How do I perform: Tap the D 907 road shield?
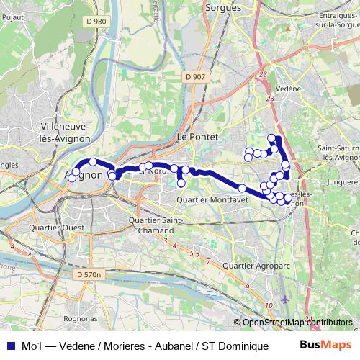pyautogui.click(x=194, y=77)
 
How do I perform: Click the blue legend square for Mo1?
pyautogui.click(x=10, y=346)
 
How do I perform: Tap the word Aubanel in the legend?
pyautogui.click(x=174, y=346)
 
